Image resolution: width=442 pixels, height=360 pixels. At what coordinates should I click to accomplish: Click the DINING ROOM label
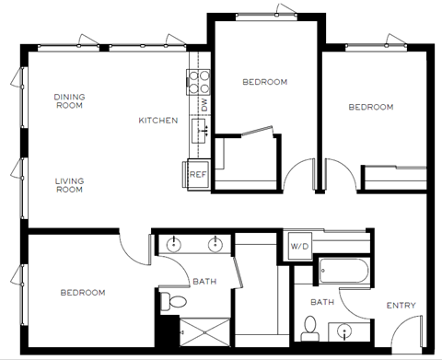click(x=68, y=101)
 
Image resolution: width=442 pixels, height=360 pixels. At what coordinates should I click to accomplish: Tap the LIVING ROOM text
click(x=68, y=185)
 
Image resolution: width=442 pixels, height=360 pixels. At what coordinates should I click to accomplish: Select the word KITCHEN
click(x=158, y=121)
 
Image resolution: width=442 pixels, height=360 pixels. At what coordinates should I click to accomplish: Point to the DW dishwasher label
click(x=204, y=106)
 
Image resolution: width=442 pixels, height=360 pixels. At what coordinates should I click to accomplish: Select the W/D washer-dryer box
click(x=299, y=246)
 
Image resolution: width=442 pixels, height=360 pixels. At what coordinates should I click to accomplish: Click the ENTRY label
click(x=401, y=306)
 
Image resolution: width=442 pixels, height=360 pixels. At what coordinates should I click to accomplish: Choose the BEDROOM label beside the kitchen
click(x=264, y=82)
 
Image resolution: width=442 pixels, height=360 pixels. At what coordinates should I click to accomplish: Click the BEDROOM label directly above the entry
click(x=370, y=107)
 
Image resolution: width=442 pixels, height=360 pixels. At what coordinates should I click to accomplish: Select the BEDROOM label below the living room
click(x=83, y=293)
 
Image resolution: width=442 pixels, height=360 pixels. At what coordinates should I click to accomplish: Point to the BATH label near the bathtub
click(x=321, y=302)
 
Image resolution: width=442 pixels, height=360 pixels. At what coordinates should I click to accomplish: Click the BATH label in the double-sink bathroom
click(x=204, y=282)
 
